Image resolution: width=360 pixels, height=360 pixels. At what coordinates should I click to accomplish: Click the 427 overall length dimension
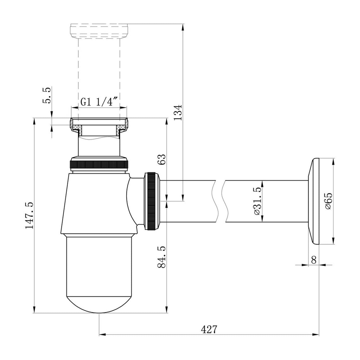[x=209, y=329]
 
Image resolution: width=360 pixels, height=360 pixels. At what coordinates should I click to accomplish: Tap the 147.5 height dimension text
[x=29, y=215]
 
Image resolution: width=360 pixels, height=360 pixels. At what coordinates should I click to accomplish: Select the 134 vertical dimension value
[x=177, y=112]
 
